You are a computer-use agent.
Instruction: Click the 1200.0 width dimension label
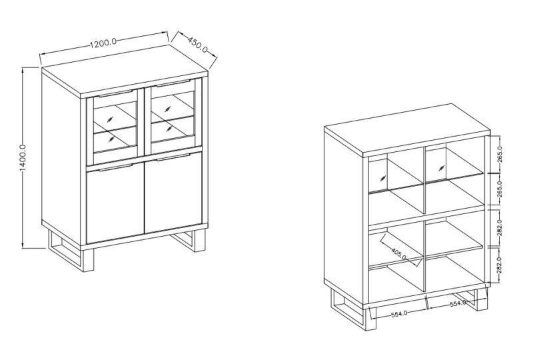103,43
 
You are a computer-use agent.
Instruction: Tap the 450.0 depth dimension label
197,45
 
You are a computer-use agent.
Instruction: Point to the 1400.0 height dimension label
23,157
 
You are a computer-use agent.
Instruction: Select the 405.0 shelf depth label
398,253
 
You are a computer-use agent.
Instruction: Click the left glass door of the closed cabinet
113,126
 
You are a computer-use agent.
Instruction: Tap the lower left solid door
115,203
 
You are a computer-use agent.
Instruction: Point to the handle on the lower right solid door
173,157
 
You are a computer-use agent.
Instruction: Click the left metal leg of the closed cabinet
71,250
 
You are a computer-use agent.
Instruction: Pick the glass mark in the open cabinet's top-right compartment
442,168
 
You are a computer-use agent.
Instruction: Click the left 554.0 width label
399,314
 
